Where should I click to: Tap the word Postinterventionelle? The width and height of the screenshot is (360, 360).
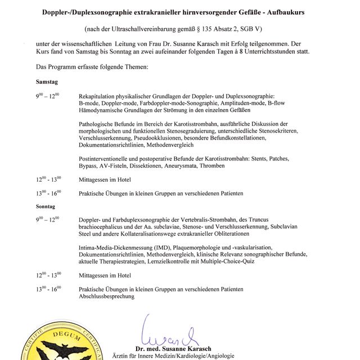pos(109,159)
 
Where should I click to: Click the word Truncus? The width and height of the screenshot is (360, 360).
pos(291,220)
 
